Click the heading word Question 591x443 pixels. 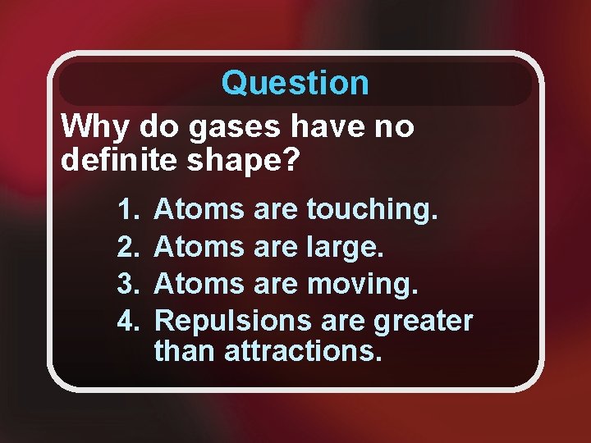pos(295,83)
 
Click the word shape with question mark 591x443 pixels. pos(245,160)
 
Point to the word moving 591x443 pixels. pos(362,282)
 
